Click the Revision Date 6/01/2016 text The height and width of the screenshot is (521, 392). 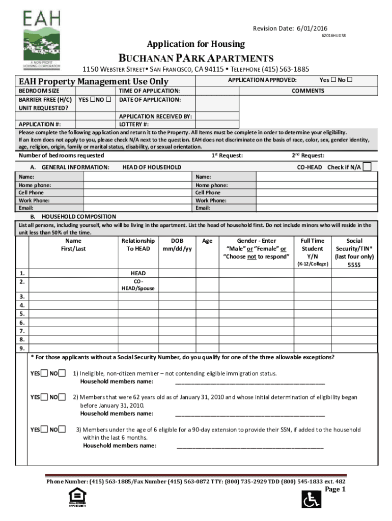290,28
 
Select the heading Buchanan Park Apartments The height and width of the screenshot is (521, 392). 196,58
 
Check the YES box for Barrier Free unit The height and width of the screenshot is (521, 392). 92,99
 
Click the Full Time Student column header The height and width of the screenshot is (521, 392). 312,249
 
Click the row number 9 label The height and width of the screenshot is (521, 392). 22,349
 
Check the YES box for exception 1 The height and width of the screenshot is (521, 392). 45,374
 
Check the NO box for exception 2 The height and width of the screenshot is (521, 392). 62,397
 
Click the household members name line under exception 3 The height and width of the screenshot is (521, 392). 249,446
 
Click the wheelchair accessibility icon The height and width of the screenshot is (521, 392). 310,499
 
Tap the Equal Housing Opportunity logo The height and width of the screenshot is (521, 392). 77,498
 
